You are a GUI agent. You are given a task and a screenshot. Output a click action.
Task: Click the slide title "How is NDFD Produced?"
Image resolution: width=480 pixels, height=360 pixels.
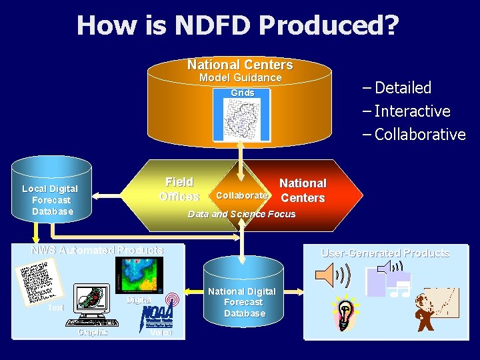tap(237, 25)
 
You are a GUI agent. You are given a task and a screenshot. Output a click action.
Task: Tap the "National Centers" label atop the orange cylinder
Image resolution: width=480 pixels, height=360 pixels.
tap(240, 65)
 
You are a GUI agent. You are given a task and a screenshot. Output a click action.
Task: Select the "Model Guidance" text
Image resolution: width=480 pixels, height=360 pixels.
tap(241, 78)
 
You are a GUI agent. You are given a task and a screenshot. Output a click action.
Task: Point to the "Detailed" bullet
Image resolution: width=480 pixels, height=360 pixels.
tap(402, 88)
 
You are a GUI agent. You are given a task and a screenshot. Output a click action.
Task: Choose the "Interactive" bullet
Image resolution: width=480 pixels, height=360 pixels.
tap(411, 111)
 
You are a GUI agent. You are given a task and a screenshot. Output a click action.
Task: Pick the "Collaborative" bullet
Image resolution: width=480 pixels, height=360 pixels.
tap(419, 135)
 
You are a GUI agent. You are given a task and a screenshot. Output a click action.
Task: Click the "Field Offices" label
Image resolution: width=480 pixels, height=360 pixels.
tap(179, 189)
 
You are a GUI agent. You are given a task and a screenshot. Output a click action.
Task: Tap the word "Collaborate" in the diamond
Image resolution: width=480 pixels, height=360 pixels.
tap(241, 196)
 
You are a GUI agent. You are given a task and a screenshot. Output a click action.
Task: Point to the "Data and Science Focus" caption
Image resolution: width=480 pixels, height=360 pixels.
tap(241, 214)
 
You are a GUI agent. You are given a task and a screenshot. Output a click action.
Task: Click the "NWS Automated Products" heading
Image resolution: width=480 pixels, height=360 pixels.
tap(97, 251)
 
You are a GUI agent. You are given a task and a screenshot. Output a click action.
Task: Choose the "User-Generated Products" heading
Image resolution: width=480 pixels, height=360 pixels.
tap(385, 253)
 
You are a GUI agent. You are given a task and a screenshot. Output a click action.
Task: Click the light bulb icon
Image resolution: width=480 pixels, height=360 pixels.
tap(345, 313)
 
